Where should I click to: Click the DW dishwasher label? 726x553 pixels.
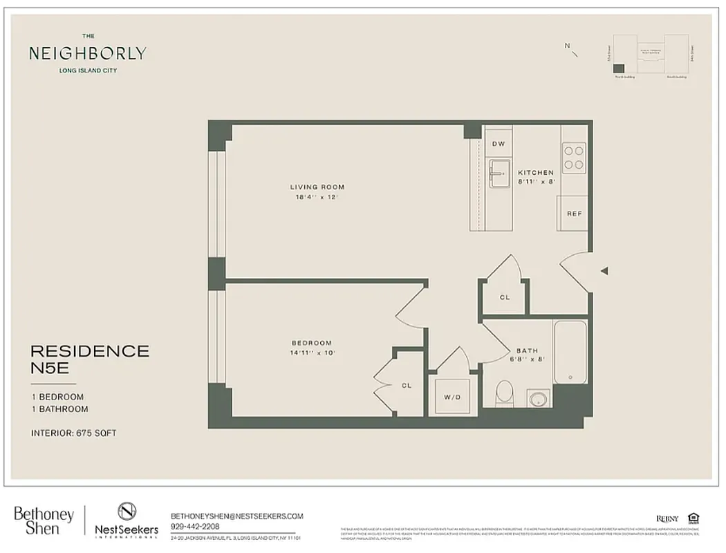[x=498, y=143]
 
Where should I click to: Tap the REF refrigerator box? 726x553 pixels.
[x=573, y=214]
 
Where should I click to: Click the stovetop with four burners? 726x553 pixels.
[x=573, y=157]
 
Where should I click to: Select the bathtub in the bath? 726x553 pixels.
[x=570, y=352]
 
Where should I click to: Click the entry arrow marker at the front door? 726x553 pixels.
[x=604, y=271]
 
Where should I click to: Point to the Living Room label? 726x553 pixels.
[x=317, y=187]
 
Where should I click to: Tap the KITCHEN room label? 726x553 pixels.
[x=536, y=173]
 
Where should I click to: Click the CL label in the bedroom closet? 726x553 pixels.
[x=407, y=386]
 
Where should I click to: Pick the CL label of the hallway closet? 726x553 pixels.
[x=505, y=297]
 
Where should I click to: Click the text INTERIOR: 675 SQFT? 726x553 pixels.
[x=74, y=433]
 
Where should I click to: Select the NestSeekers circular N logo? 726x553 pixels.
[x=127, y=511]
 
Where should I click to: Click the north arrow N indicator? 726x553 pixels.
[x=568, y=46]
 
